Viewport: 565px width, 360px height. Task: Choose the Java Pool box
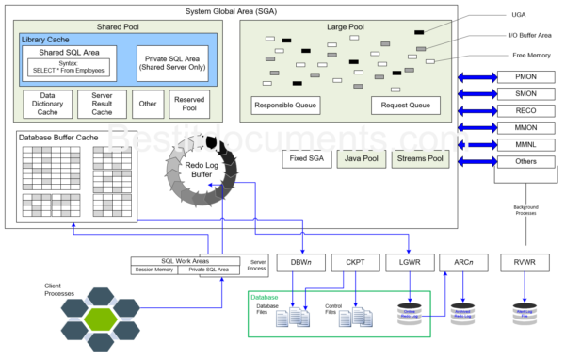click(361, 158)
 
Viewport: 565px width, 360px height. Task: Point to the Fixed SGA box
click(305, 158)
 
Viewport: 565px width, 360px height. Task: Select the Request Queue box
click(405, 106)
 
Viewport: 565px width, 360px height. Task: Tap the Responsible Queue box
click(287, 106)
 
